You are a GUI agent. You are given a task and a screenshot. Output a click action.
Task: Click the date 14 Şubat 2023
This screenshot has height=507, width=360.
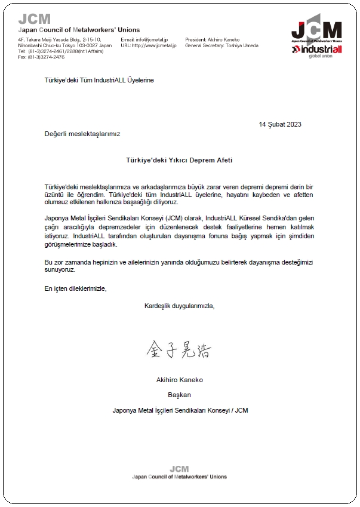pyautogui.click(x=280, y=124)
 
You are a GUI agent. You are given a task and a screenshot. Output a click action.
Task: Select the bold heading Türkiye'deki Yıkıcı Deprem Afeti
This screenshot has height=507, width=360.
pyautogui.click(x=179, y=161)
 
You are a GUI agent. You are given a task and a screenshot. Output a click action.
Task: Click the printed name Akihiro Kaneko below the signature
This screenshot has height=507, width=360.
pyautogui.click(x=180, y=379)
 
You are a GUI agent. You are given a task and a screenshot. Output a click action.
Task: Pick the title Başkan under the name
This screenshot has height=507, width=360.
pyautogui.click(x=180, y=395)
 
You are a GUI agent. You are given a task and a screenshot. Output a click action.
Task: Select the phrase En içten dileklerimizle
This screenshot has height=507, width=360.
pyautogui.click(x=75, y=288)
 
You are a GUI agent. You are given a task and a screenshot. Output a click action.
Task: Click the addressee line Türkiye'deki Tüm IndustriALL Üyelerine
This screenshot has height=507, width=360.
pyautogui.click(x=99, y=80)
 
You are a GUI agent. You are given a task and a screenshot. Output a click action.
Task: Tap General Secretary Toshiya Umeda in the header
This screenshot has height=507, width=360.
pyautogui.click(x=222, y=45)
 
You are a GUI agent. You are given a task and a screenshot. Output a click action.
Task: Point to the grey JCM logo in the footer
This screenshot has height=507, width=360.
pyautogui.click(x=179, y=469)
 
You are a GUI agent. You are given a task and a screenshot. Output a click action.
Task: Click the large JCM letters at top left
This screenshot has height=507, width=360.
pyautogui.click(x=34, y=19)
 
